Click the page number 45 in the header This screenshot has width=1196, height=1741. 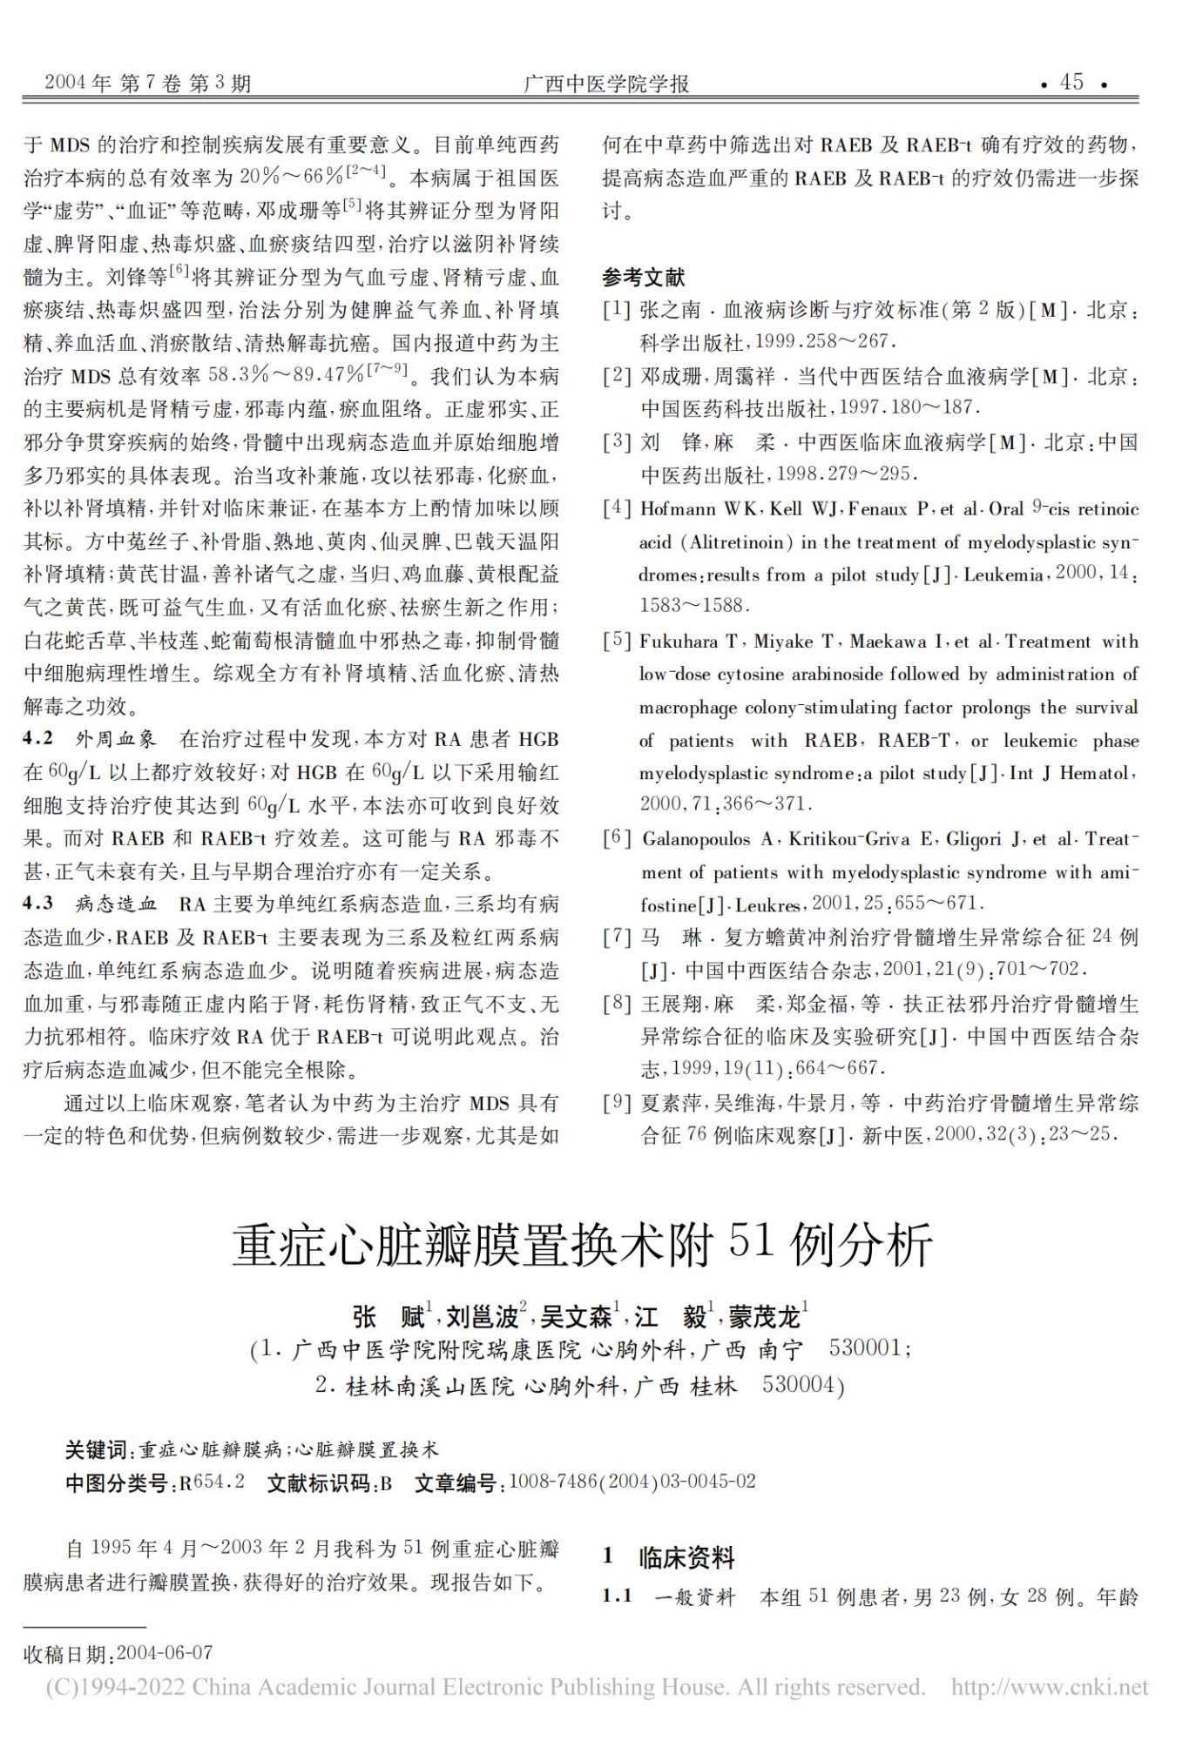[1071, 82]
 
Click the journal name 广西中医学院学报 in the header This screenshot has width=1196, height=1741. [606, 84]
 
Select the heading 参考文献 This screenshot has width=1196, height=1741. [644, 278]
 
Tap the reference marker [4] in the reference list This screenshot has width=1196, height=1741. [617, 508]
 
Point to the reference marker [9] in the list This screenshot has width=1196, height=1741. [617, 1102]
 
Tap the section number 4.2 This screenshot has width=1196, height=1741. [38, 739]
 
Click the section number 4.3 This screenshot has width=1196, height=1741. [38, 903]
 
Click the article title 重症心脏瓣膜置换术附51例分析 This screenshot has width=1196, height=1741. [582, 1244]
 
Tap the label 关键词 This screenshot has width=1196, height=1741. [97, 1449]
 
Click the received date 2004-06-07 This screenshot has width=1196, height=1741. [164, 1653]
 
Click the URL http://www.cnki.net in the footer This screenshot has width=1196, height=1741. [1049, 1688]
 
